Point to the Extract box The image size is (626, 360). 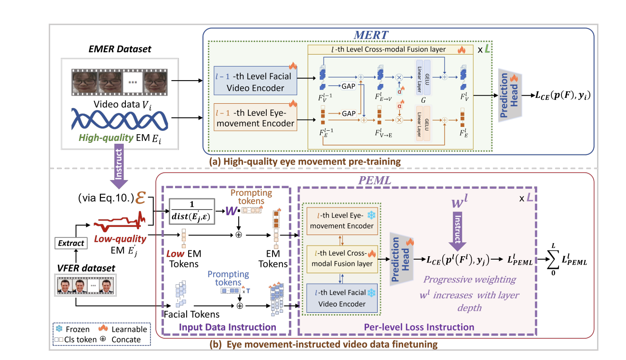[x=71, y=243]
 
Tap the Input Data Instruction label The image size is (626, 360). [x=227, y=327]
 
